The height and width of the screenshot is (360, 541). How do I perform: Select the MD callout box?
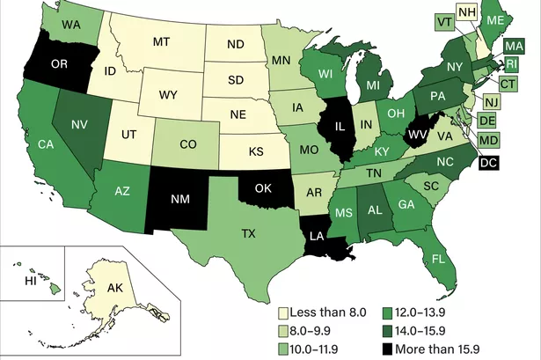489,139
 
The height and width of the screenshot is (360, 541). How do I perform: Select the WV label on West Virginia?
417,134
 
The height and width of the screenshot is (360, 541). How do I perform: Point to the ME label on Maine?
495,21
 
